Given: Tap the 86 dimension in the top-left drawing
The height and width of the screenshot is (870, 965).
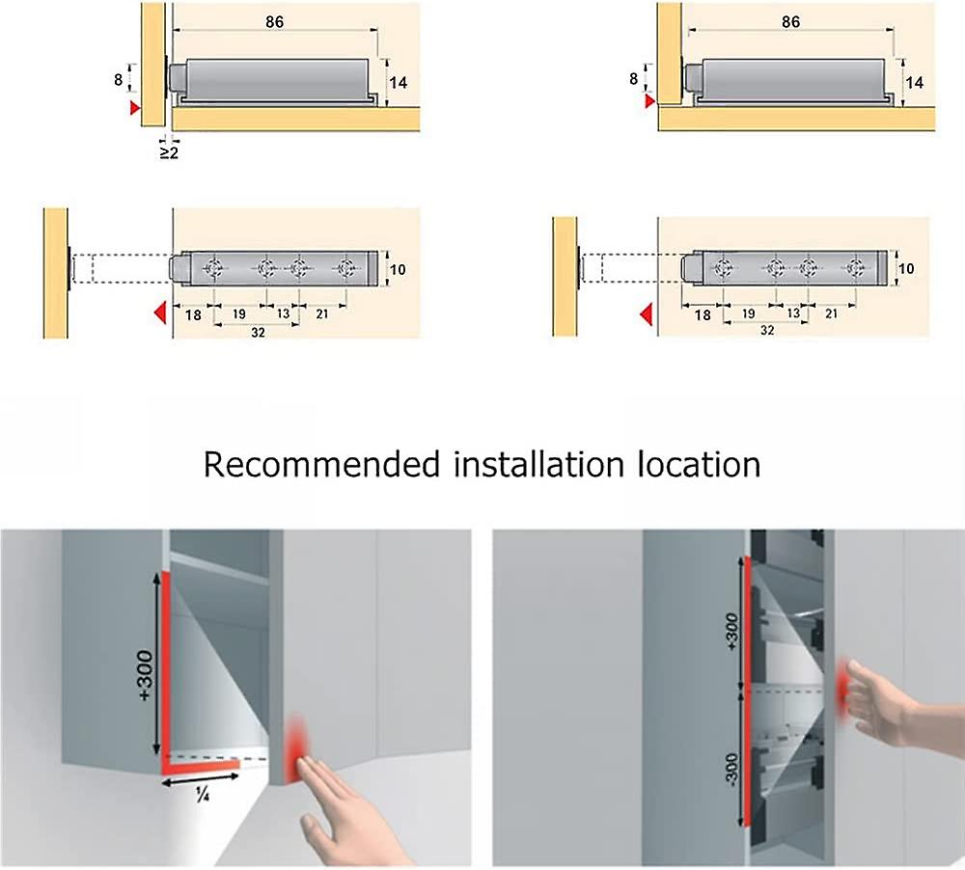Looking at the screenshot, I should [274, 22].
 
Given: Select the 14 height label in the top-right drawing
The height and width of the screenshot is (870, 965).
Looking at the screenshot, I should [914, 83].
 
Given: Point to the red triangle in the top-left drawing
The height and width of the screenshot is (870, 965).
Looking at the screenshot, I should [134, 109].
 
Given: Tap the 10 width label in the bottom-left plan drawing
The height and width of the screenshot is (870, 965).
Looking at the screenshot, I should [398, 268].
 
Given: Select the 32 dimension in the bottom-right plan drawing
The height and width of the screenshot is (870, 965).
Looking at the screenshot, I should [767, 330].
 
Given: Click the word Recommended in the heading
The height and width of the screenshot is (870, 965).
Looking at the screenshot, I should [321, 465].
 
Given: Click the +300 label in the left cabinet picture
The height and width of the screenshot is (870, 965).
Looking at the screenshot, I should [146, 666].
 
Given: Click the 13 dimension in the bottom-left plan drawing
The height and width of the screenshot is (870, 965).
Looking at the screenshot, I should [284, 313].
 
